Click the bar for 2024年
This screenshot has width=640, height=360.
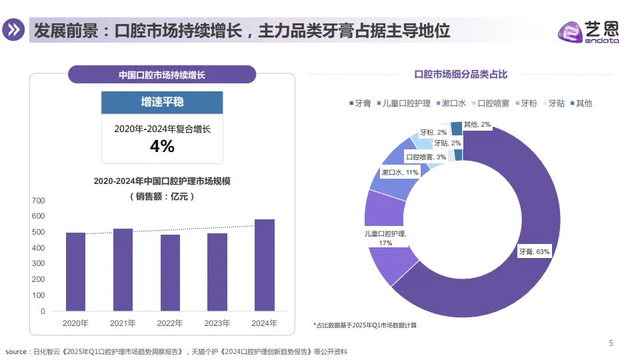click(x=265, y=265)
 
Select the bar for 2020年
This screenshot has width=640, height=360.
click(x=75, y=272)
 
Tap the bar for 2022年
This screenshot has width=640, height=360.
click(x=170, y=273)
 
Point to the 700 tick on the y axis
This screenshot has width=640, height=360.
click(x=38, y=200)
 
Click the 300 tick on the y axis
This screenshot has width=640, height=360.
click(x=38, y=264)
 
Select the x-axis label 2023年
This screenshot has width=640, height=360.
click(x=217, y=323)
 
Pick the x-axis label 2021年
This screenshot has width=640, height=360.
click(x=123, y=323)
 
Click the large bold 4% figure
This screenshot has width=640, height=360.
click(x=162, y=146)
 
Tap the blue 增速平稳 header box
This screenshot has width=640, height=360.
click(x=162, y=102)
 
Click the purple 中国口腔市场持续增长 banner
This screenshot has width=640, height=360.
click(x=162, y=75)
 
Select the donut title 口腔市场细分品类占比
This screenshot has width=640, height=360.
click(x=461, y=74)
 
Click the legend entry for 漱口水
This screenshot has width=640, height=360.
click(x=453, y=103)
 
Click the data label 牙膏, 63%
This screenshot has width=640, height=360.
click(x=534, y=252)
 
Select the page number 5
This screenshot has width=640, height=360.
click(x=611, y=343)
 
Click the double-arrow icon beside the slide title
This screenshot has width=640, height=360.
click(x=13, y=31)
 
